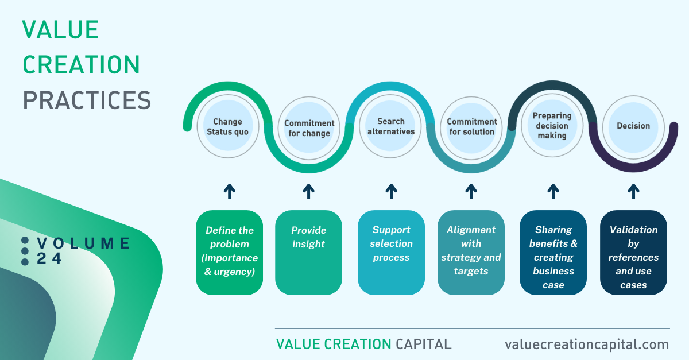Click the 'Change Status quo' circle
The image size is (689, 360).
[x=228, y=126]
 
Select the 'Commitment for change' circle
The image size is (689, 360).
[x=309, y=128]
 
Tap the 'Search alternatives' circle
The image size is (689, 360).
[x=390, y=126]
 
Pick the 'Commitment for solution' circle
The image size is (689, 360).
[x=471, y=128]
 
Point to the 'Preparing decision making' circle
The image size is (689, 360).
[x=552, y=126]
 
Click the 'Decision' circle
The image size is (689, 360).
[x=634, y=127]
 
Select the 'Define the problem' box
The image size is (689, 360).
[x=230, y=252]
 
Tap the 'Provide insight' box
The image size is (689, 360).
[x=308, y=252]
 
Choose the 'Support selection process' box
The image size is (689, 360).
[x=391, y=252]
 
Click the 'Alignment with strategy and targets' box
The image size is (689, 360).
[x=471, y=252]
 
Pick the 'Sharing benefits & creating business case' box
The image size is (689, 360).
[x=553, y=252]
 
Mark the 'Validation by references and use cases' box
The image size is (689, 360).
[x=634, y=252]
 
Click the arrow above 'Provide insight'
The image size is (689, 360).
[x=308, y=191]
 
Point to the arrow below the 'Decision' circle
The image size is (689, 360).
[x=634, y=191]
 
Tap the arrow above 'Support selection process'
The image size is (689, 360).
[x=391, y=191]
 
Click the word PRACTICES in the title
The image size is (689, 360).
[x=87, y=100]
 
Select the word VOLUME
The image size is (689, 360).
[x=83, y=243]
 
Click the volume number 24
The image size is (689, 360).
[x=49, y=258]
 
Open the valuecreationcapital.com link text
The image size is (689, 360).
[x=587, y=344]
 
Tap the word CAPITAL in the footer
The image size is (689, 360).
[x=424, y=344]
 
